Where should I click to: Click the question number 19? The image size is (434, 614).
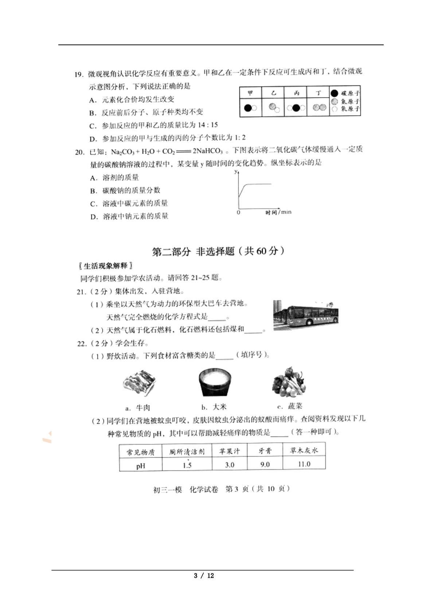tap(79, 74)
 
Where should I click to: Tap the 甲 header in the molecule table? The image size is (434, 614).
tap(250, 93)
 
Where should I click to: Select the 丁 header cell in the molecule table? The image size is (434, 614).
tap(318, 93)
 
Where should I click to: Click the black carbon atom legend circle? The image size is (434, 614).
tap(334, 93)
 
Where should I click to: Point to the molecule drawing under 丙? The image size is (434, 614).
tap(296, 108)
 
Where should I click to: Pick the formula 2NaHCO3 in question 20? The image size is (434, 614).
tap(208, 151)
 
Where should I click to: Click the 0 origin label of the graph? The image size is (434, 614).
tap(239, 212)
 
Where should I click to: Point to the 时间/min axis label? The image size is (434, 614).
tap(278, 212)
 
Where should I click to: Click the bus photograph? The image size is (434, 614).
tap(306, 315)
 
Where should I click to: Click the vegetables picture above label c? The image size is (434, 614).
tap(289, 382)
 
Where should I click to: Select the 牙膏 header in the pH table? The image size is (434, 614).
tap(265, 451)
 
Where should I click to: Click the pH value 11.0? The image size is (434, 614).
tap(304, 464)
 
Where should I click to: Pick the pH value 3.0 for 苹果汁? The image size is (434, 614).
tap(230, 465)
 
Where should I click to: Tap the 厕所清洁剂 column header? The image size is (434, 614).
tap(187, 452)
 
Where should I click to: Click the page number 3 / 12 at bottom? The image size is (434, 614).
tap(204, 576)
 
